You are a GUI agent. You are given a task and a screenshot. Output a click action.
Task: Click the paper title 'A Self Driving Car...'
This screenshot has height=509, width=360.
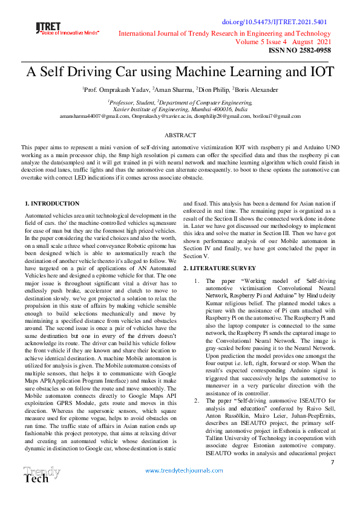tap(180, 73)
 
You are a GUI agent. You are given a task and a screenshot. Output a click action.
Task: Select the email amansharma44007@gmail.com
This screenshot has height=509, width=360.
tap(93, 116)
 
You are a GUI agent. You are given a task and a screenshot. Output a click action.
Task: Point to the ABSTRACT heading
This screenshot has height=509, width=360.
tap(180, 135)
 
